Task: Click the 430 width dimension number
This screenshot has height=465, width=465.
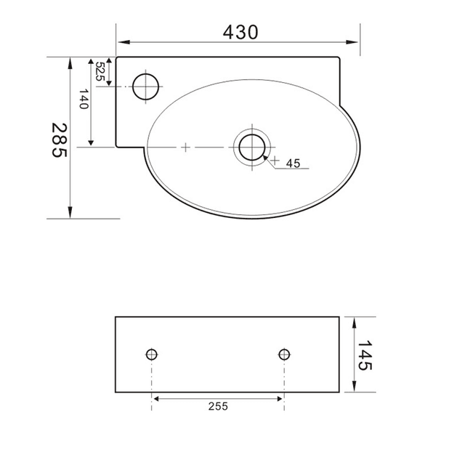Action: (x=240, y=32)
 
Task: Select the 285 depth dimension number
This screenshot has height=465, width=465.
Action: (x=60, y=140)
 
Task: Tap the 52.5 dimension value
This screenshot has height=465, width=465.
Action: (x=100, y=71)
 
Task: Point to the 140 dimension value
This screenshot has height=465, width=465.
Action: (x=84, y=99)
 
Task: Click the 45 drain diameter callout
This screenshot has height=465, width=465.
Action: (x=294, y=163)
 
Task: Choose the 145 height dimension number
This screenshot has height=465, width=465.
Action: (x=365, y=355)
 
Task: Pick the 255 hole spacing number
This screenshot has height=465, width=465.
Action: (x=218, y=406)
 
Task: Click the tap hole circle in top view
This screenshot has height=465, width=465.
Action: (x=145, y=86)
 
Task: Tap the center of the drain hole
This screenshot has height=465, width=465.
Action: (x=252, y=147)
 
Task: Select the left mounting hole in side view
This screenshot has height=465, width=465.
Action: (x=152, y=354)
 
